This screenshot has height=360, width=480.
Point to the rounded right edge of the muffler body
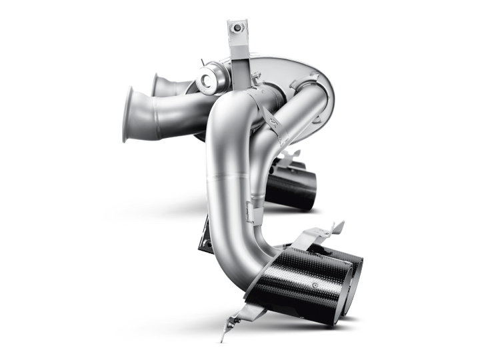tap(329, 100)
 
